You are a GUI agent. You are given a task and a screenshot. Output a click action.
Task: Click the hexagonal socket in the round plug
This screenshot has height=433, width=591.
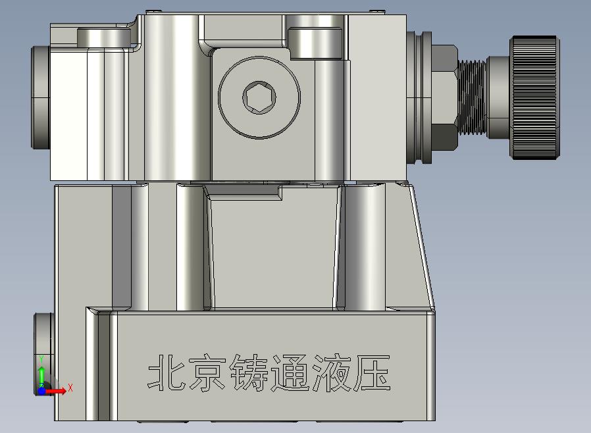[x=259, y=97]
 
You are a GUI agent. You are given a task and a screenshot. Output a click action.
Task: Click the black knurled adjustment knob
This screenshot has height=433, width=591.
[x=534, y=97]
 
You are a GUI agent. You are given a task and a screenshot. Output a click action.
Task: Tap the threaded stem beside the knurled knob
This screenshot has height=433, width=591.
[x=472, y=97]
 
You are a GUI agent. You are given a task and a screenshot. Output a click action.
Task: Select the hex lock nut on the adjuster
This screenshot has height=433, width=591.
[x=444, y=97]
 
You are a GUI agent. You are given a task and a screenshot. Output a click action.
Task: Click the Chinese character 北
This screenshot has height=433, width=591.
[x=167, y=372]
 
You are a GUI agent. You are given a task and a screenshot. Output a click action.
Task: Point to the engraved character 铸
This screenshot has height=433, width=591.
[x=249, y=372]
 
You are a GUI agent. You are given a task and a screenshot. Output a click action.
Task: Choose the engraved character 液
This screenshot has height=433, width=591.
[x=331, y=373]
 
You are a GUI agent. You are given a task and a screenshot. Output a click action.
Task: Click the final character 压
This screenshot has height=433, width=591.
[x=372, y=373]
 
